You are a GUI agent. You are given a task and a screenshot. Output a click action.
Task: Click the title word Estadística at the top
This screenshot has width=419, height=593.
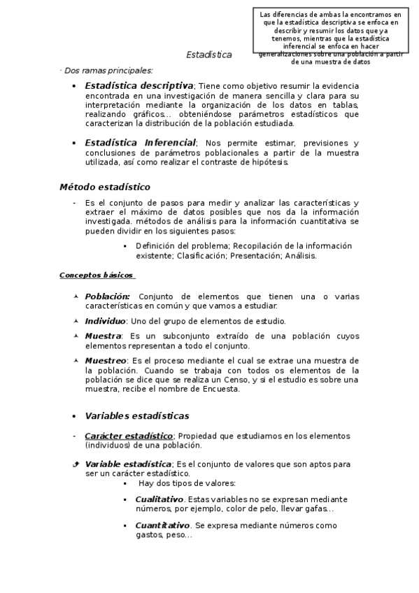point(209,55)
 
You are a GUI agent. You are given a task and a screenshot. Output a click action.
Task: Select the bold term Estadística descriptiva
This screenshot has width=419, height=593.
point(139,85)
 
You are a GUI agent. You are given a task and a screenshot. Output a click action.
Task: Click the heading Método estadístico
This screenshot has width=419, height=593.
point(104,187)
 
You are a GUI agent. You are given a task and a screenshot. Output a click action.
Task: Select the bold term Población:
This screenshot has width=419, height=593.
point(107,296)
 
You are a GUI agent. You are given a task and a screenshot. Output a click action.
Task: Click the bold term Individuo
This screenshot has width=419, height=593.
point(105,321)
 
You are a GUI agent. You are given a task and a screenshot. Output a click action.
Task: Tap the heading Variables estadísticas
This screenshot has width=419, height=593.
point(137,416)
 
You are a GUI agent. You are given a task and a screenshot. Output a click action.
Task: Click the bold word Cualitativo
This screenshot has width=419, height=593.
point(159,499)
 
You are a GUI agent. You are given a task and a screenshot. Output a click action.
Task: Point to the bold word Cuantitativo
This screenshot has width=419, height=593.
point(162,524)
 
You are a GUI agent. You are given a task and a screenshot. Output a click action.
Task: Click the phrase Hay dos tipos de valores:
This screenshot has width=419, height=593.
point(187,483)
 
